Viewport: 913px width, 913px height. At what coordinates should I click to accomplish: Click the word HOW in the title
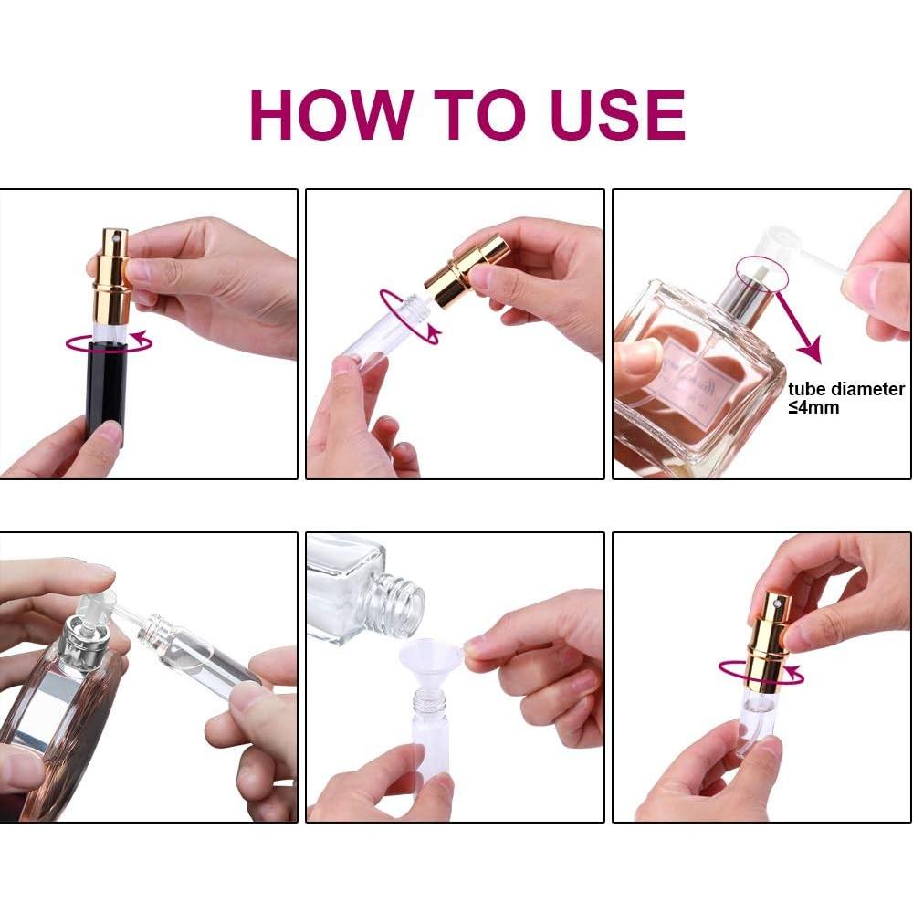(330, 115)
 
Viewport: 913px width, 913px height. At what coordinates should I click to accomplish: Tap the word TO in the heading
(467, 115)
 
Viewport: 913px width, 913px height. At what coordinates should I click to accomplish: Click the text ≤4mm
(813, 408)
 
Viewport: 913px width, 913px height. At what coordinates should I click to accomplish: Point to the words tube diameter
(846, 389)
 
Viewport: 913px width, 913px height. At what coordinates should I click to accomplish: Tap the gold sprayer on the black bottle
(113, 274)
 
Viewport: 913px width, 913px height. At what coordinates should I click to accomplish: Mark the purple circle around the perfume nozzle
(756, 272)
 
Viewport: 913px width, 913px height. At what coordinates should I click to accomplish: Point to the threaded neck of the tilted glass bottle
(399, 603)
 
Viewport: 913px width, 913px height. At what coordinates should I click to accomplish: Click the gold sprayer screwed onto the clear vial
(770, 639)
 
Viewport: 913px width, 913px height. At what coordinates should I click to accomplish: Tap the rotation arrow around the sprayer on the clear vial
(761, 673)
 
